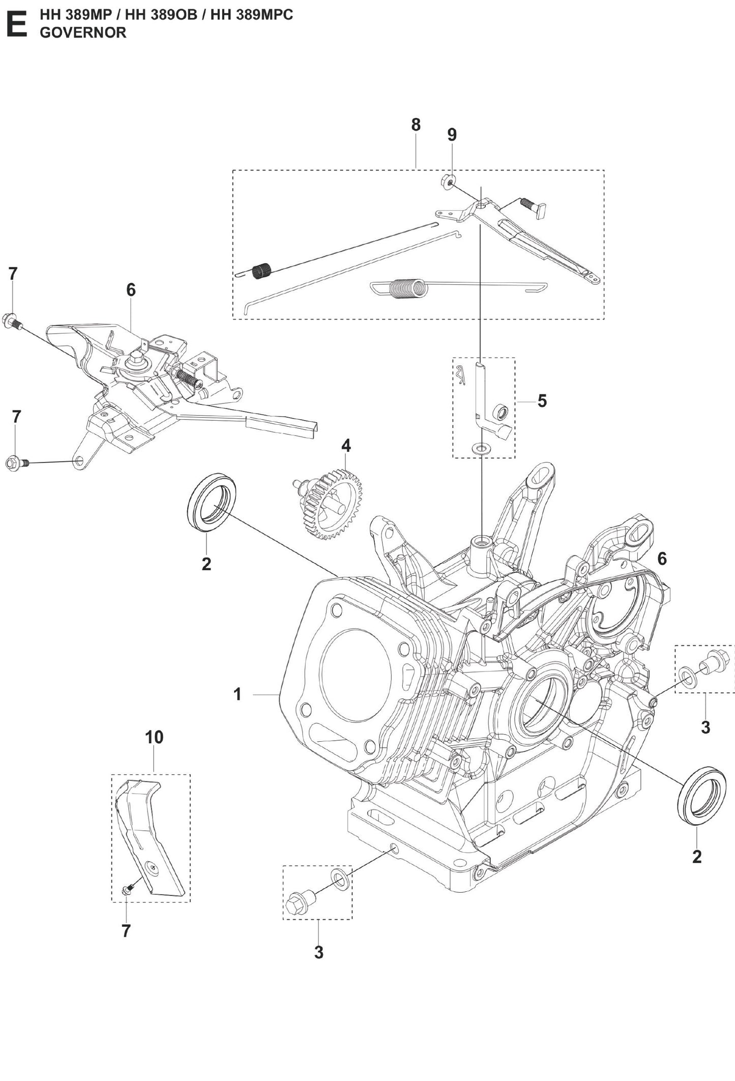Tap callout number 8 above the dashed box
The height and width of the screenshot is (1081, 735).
[416, 125]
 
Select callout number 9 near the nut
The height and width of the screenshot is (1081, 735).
[452, 135]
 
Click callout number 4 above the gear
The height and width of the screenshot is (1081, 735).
[346, 446]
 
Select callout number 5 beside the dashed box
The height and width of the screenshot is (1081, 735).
[542, 401]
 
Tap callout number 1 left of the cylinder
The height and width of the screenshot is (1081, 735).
[237, 694]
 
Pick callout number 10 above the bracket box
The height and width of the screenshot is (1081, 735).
[154, 737]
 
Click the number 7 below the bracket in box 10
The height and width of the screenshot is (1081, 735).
[126, 931]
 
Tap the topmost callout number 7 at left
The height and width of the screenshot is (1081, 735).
[13, 274]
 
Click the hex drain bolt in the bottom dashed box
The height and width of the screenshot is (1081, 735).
[297, 903]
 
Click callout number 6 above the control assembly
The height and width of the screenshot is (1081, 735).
[131, 290]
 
